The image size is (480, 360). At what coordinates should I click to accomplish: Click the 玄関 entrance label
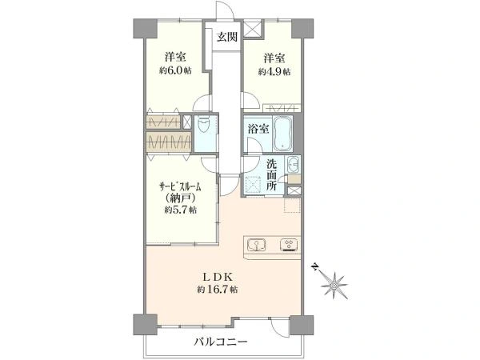point(227,37)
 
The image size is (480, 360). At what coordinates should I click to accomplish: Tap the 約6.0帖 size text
point(175,70)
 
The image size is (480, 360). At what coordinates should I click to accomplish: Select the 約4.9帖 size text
point(274,72)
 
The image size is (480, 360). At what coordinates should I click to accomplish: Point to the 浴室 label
point(258,129)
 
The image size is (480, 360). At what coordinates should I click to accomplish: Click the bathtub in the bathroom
point(283,134)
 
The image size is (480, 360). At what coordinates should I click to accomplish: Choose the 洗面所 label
point(271,174)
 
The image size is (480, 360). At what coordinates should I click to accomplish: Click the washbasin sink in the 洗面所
point(294,165)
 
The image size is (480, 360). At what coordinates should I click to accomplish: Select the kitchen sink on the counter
point(256,245)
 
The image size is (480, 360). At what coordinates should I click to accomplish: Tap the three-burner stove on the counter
point(289,245)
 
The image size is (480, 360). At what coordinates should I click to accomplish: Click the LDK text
point(218,278)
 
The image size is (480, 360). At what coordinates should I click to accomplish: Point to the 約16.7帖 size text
point(218,290)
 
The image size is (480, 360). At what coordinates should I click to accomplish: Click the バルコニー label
point(221,342)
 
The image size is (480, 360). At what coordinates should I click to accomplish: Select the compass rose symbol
point(334,285)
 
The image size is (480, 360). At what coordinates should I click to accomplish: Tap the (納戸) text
point(181,198)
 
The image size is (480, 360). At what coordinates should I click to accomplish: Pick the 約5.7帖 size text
point(181,210)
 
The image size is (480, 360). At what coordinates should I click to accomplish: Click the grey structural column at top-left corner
point(145,29)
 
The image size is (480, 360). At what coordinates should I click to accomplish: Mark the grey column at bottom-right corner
point(302,325)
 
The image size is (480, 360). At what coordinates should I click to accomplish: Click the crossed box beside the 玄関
point(253,29)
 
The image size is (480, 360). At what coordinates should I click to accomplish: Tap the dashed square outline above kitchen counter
point(292,205)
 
